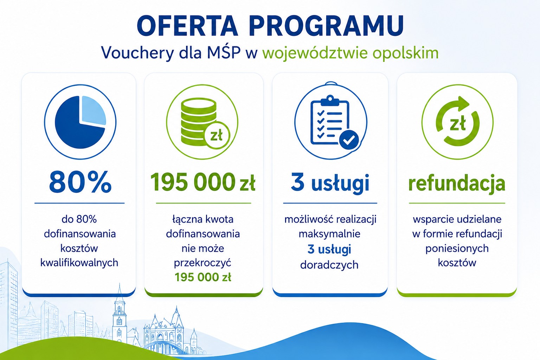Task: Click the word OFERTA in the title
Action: pos(187,26)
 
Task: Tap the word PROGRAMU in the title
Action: pos(327,26)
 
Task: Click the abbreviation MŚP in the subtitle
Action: pos(224,52)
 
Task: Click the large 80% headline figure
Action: pos(80,182)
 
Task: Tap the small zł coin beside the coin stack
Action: pos(217,135)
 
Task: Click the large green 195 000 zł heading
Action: pos(203,182)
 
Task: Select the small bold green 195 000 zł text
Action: pos(203,277)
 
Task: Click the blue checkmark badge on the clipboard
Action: pos(349,140)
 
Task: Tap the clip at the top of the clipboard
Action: pos(330,100)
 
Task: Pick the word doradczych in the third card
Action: pos(329,265)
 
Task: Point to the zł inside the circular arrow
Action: pos(457,124)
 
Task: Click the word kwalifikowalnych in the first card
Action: pos(79,263)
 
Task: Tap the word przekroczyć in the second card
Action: pos(202,263)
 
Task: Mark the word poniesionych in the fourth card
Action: pos(457,249)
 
